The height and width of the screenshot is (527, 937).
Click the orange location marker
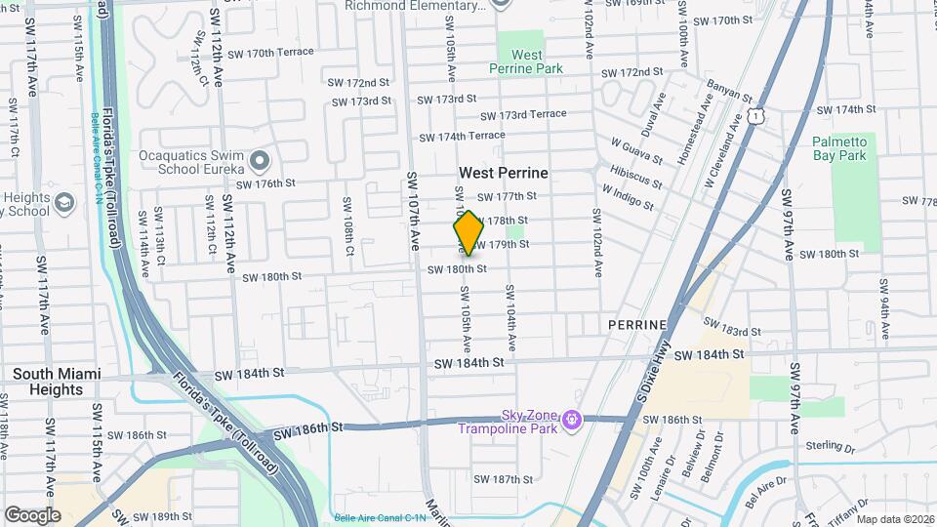coord(468,232)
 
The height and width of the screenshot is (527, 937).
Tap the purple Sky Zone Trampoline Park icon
coord(572,421)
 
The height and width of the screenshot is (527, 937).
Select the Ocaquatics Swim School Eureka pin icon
coord(259,159)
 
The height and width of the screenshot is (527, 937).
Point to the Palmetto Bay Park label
coord(838,148)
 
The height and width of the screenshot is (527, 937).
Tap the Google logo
coord(32,514)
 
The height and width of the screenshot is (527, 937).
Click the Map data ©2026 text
coord(894,519)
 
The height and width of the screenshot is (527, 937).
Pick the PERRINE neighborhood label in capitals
coord(636,324)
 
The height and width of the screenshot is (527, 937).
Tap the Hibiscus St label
coord(634,176)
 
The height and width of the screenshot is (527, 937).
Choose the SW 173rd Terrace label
coord(523,115)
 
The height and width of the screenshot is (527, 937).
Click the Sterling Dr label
coord(830,449)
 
